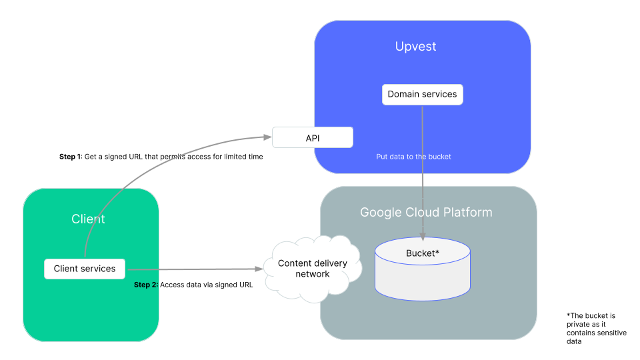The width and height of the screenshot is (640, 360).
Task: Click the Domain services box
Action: (x=422, y=94)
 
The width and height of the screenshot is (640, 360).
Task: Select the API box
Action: (x=312, y=138)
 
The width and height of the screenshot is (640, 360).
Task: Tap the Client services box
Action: (x=85, y=269)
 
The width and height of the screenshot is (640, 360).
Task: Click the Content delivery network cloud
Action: (x=313, y=268)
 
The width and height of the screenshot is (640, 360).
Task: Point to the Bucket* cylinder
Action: (x=422, y=270)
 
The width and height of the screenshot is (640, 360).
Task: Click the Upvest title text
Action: (x=415, y=47)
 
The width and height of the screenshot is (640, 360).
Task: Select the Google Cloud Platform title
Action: (x=426, y=212)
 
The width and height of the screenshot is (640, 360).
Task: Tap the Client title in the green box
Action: (x=88, y=219)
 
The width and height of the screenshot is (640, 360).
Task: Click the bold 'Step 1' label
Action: (x=69, y=157)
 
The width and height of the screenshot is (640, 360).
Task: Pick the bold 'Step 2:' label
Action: (x=146, y=285)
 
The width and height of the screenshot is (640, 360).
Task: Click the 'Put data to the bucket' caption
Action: (x=413, y=157)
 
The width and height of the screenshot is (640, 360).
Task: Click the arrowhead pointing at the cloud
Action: (x=259, y=269)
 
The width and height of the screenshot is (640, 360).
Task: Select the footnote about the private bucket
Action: (x=596, y=328)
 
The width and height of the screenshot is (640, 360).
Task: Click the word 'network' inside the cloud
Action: (x=313, y=274)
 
